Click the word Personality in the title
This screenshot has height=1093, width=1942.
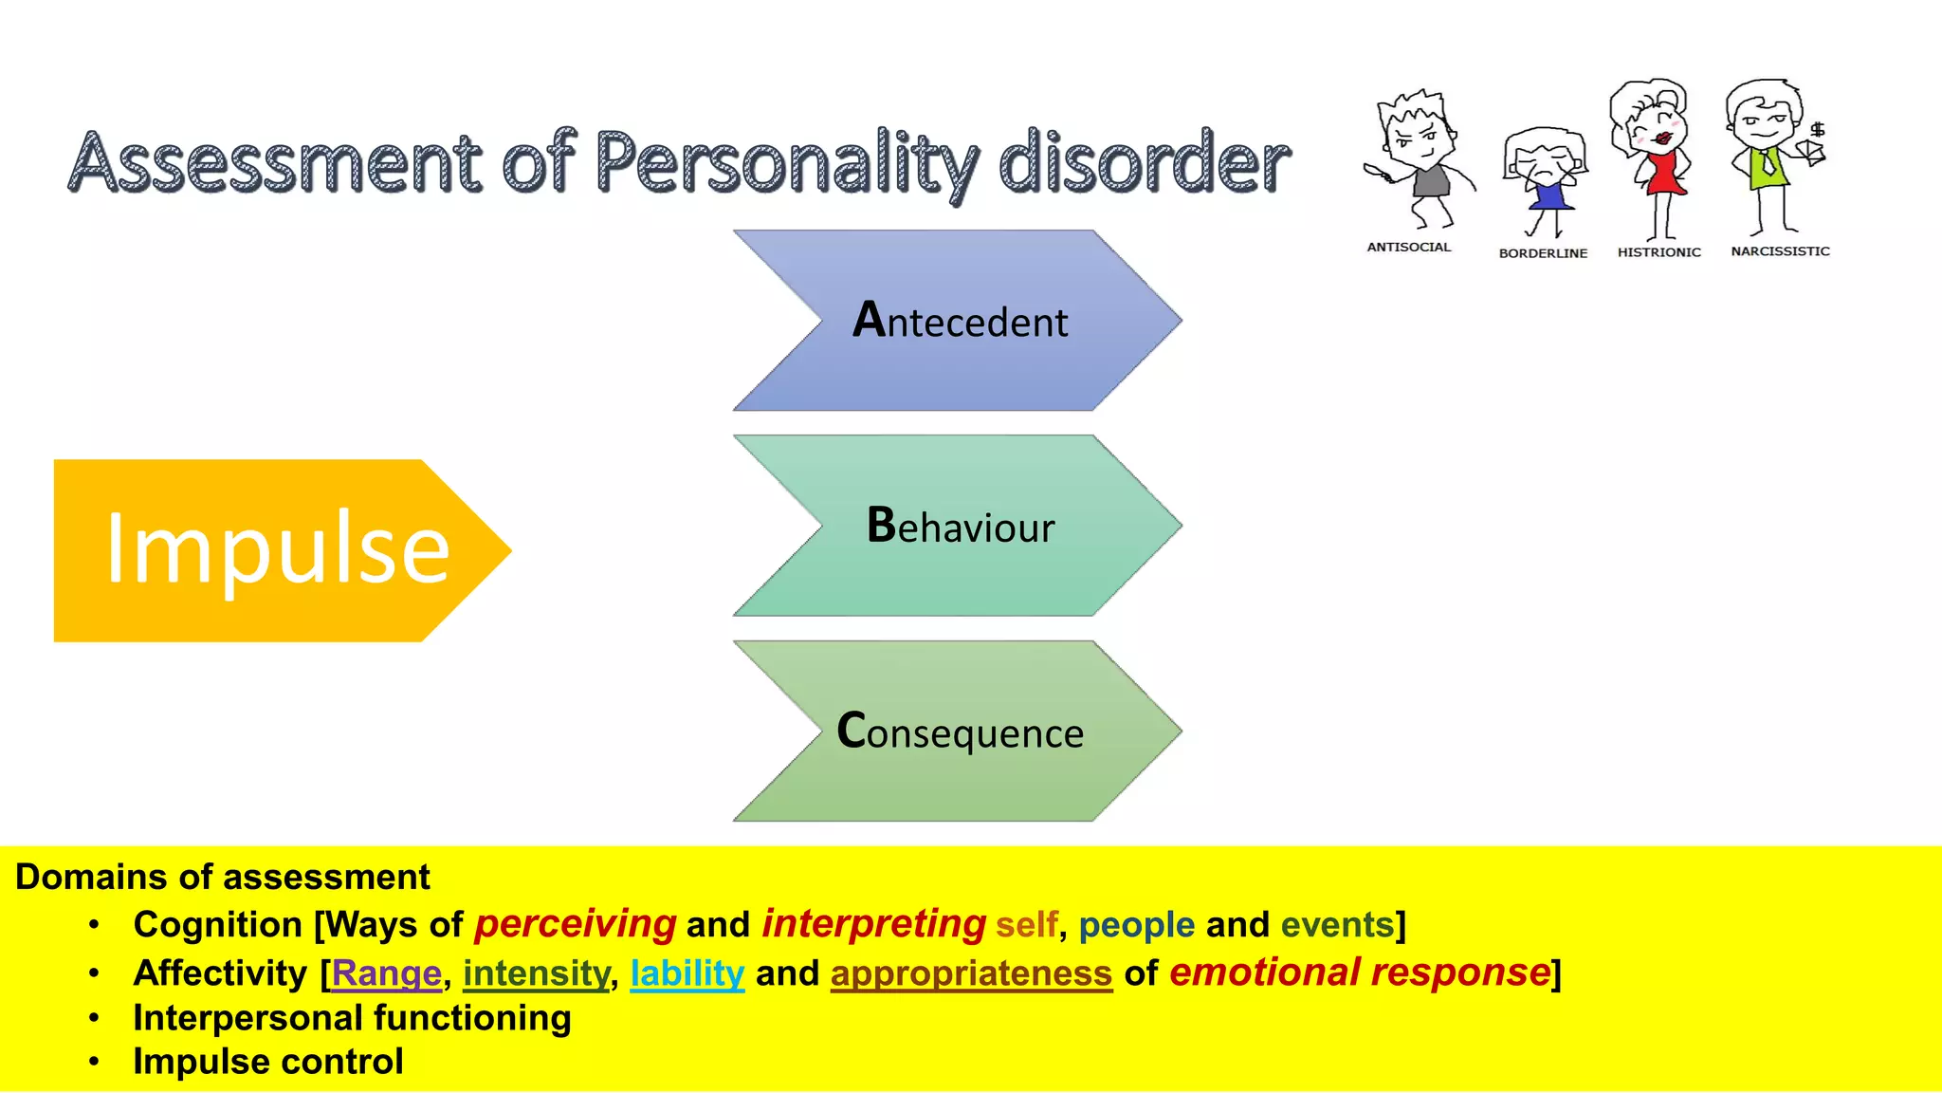click(x=785, y=163)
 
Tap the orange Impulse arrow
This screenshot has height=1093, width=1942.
click(x=275, y=550)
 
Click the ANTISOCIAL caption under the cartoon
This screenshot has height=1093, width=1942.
click(x=1408, y=247)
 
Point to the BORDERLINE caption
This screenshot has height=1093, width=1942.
click(x=1543, y=253)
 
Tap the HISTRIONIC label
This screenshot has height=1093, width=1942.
click(x=1658, y=252)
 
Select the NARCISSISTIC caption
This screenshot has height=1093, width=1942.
click(x=1780, y=251)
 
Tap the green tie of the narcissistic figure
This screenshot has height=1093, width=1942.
click(x=1767, y=165)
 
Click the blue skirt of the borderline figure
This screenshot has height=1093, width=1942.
click(x=1549, y=197)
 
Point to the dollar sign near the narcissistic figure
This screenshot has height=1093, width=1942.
click(x=1818, y=130)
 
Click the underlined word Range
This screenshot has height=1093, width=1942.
click(x=386, y=973)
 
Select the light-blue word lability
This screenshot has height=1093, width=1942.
click(x=687, y=973)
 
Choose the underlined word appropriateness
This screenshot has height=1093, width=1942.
click(x=971, y=973)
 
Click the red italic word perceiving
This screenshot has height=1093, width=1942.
click(x=576, y=924)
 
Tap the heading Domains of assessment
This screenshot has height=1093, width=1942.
click(x=223, y=877)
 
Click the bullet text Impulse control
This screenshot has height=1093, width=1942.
click(x=268, y=1062)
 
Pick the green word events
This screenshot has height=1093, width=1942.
click(x=1337, y=924)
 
